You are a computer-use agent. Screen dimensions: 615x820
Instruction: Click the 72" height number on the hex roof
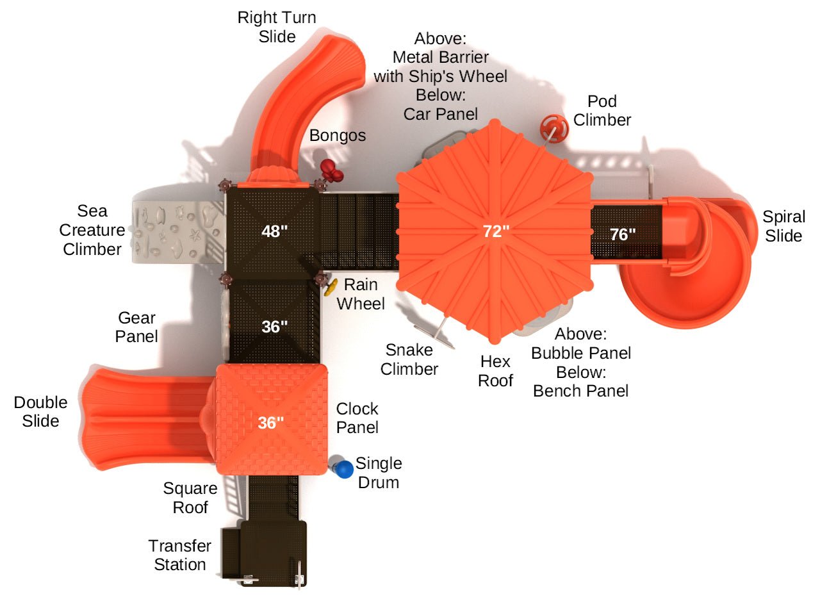coord(496,231)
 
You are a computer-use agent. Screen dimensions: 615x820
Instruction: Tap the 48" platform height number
coord(274,231)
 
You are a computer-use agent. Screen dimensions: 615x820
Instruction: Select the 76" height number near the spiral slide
coord(623,234)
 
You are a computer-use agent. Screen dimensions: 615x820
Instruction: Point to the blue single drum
coord(345,470)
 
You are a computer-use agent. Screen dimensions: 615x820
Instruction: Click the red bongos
coord(331,169)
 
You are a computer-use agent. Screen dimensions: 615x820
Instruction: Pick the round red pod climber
coord(553,129)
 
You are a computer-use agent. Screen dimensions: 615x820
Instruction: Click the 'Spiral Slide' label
coord(783,226)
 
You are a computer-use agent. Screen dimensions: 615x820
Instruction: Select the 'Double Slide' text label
coord(40,411)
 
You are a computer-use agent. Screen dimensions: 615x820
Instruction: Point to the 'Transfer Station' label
coord(179,555)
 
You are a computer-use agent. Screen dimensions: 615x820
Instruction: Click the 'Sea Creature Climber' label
coord(92,230)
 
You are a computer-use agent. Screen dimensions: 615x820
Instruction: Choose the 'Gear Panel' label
coord(136,327)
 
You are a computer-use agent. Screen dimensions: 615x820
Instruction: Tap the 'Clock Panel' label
coord(357,418)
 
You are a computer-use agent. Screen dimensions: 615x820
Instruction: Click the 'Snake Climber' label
coord(409,359)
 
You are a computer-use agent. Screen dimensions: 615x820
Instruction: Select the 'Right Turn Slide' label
coord(277,27)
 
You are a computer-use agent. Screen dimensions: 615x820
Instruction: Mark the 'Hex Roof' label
coord(495,371)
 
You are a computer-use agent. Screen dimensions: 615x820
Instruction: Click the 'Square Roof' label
coord(190,498)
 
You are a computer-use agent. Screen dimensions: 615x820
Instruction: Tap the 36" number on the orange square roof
coord(271,423)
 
